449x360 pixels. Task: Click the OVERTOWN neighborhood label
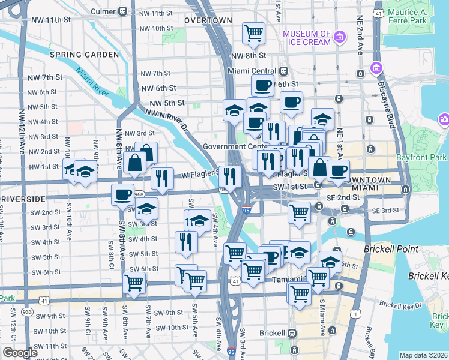point(208,20)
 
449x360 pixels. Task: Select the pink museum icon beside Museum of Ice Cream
point(340,38)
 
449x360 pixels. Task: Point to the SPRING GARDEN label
point(83,55)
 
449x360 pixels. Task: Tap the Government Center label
point(234,146)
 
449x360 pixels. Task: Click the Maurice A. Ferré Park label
point(415,17)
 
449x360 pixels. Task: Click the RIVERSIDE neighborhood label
point(23,198)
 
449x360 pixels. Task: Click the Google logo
point(20,352)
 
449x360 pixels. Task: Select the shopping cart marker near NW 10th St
point(254,32)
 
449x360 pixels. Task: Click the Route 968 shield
point(139,194)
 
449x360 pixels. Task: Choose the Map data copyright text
point(423,355)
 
